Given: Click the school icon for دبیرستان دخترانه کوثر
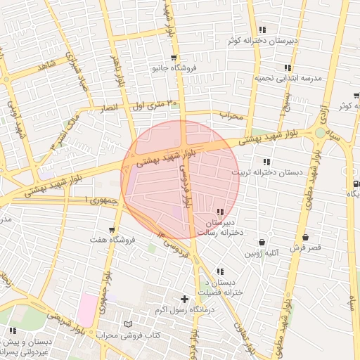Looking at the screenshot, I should [262, 30].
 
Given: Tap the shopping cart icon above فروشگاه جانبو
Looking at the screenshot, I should [174, 58].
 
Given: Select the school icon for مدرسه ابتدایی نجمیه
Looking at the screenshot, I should [288, 67].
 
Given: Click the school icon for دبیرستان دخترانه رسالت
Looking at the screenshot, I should [220, 212].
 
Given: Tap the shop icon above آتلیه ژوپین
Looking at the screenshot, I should [262, 242].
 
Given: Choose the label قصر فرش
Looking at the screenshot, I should [304, 248].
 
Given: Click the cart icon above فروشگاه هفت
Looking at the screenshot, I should [112, 229].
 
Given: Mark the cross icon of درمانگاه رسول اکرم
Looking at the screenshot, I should [185, 299].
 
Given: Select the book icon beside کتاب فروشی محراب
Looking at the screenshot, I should [127, 324].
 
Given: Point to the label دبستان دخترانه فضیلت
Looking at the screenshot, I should [219, 288].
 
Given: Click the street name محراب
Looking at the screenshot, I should [231, 115].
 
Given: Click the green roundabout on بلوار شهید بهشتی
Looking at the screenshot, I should [321, 132].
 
